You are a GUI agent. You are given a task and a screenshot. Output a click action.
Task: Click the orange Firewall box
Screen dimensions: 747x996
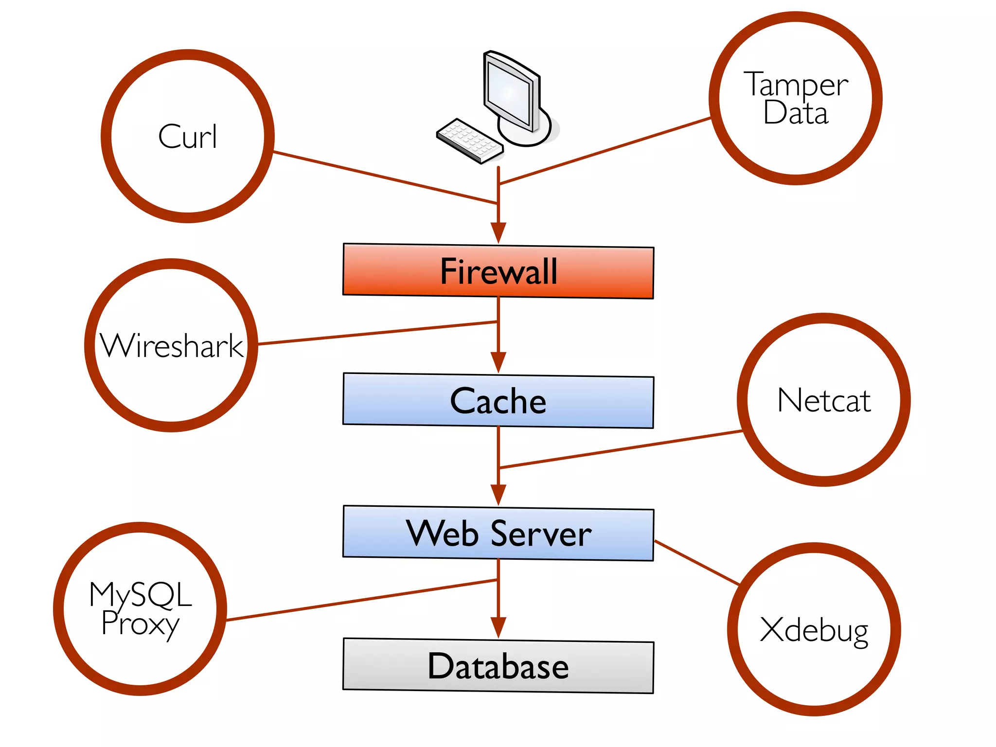pyautogui.click(x=498, y=271)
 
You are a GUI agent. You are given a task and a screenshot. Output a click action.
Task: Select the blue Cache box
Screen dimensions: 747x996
pyautogui.click(x=498, y=401)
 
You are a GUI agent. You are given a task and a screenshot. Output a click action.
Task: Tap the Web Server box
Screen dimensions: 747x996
pyautogui.click(x=498, y=534)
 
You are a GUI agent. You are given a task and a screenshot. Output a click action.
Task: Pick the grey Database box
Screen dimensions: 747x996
pyautogui.click(x=498, y=666)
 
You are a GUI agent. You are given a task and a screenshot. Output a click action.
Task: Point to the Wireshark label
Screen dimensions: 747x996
pyautogui.click(x=171, y=346)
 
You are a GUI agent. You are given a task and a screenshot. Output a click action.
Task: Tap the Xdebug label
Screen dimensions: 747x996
pyautogui.click(x=814, y=630)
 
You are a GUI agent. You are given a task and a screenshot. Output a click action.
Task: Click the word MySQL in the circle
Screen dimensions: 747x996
pyautogui.click(x=141, y=594)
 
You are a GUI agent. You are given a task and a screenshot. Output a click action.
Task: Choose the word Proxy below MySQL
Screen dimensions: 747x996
pyautogui.click(x=140, y=623)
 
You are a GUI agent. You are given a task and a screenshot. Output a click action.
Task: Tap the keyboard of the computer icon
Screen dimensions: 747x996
pyautogui.click(x=469, y=140)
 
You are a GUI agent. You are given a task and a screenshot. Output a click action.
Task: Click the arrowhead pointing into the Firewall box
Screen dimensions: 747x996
pyautogui.click(x=498, y=232)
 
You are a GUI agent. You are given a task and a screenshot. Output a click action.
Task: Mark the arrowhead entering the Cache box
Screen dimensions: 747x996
pyautogui.click(x=498, y=362)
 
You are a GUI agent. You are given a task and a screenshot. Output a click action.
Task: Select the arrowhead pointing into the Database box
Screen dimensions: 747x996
pyautogui.click(x=498, y=627)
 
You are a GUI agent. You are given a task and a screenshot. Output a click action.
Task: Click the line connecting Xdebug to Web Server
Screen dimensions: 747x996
pyautogui.click(x=696, y=562)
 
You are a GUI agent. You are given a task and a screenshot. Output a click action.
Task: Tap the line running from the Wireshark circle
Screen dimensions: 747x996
pyautogui.click(x=377, y=333)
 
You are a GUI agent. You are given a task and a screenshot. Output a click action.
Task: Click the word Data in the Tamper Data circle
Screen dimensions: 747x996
pyautogui.click(x=796, y=113)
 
